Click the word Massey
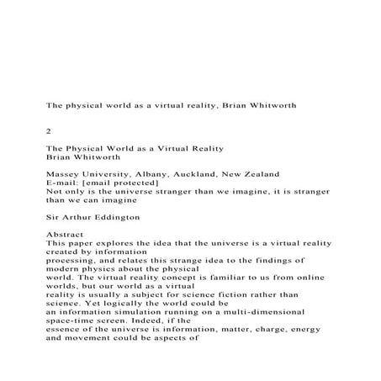(x=63, y=174)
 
